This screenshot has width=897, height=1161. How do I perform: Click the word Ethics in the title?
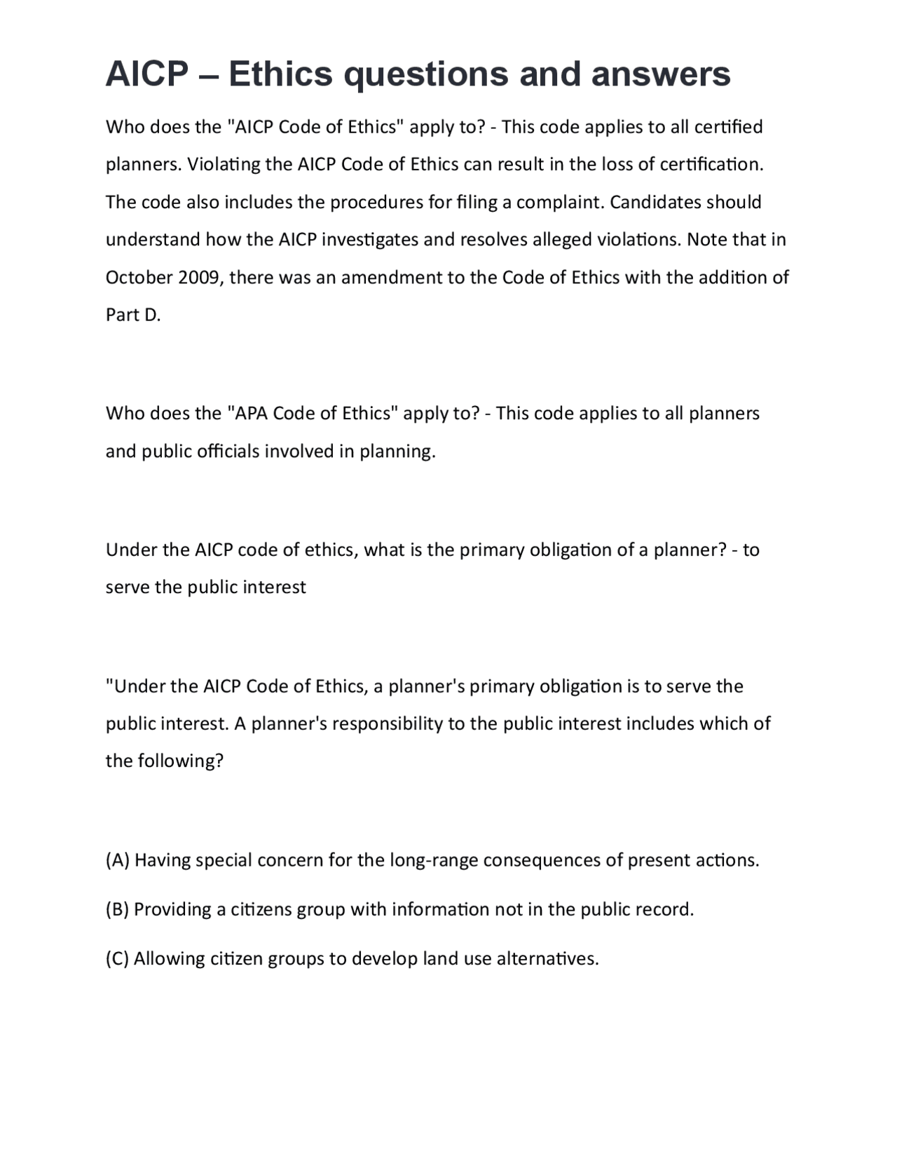280,74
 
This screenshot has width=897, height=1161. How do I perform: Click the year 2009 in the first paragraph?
199,278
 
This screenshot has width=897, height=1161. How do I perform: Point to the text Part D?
133,315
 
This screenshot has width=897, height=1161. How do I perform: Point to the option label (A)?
118,860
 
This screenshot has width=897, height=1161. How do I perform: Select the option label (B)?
118,909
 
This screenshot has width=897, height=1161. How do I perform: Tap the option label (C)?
118,958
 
